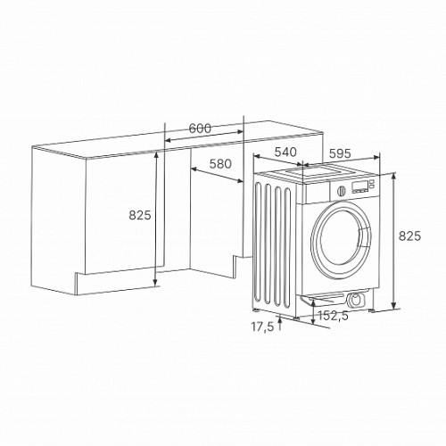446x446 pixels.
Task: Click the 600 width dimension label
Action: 200,128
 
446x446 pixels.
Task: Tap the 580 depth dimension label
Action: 220,164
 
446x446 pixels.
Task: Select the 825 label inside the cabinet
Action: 140,215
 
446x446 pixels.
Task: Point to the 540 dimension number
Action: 285,152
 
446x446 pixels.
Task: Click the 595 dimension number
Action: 340,153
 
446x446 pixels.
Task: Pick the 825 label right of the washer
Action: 409,235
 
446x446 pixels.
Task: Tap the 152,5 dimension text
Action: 333,316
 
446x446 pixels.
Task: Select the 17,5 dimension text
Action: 262,326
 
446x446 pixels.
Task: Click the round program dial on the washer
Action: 342,191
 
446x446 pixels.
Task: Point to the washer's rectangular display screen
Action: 359,186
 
